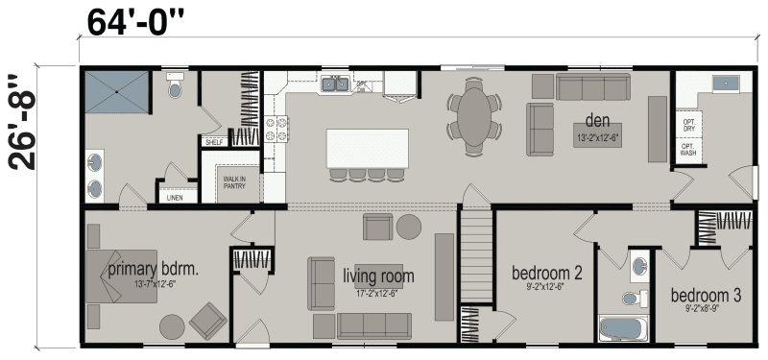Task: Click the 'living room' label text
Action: (x=378, y=276)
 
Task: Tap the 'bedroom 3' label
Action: (x=706, y=296)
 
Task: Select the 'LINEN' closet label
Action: (x=174, y=197)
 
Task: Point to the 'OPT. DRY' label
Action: (x=688, y=126)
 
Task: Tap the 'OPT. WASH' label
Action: (x=688, y=151)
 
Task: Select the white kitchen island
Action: (x=367, y=149)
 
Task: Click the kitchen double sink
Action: (x=334, y=85)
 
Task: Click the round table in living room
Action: (x=409, y=227)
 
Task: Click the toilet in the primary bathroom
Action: (x=174, y=88)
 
